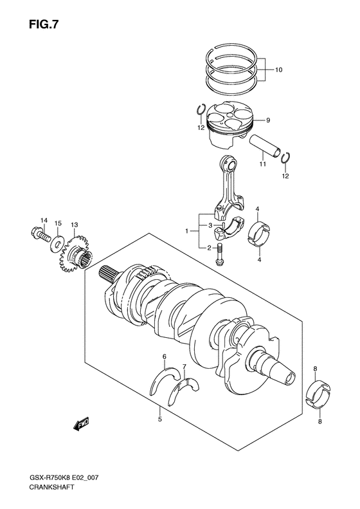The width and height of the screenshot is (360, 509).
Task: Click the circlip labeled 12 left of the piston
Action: pyautogui.click(x=201, y=112)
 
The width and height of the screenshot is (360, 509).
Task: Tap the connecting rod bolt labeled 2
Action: pyautogui.click(x=220, y=255)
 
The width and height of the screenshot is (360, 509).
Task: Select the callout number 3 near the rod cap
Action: pyautogui.click(x=210, y=226)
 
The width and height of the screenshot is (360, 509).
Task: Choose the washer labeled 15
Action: pyautogui.click(x=59, y=241)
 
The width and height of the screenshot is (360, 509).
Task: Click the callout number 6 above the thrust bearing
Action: pyautogui.click(x=165, y=356)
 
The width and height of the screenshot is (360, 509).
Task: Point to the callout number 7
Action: pyautogui.click(x=184, y=367)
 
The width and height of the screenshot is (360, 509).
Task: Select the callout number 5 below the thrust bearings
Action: pyautogui.click(x=160, y=419)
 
